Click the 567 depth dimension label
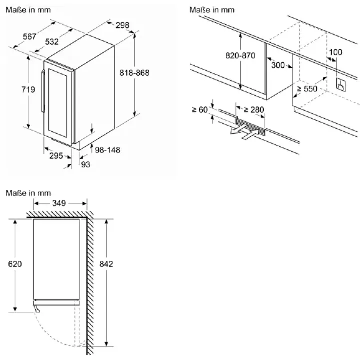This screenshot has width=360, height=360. [29, 36]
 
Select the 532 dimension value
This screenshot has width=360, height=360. [52, 42]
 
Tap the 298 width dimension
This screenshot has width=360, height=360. [122, 25]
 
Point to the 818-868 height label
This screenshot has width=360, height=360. [134, 73]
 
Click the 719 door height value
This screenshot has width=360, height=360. [28, 89]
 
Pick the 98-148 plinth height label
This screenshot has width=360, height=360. [107, 150]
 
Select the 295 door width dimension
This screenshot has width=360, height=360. [56, 156]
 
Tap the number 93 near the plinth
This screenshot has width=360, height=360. [86, 164]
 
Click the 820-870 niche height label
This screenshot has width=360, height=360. [240, 56]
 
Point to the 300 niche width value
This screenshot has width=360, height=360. [278, 65]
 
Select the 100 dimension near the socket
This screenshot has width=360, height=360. [335, 52]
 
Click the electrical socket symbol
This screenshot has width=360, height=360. [341, 85]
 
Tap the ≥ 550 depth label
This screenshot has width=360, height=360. [307, 89]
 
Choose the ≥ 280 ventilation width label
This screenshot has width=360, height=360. [253, 109]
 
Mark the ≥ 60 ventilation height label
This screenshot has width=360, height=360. [200, 110]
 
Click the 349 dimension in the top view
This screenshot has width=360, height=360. [59, 203]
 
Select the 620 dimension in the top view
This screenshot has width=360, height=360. [15, 264]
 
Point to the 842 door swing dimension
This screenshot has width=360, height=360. [106, 264]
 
